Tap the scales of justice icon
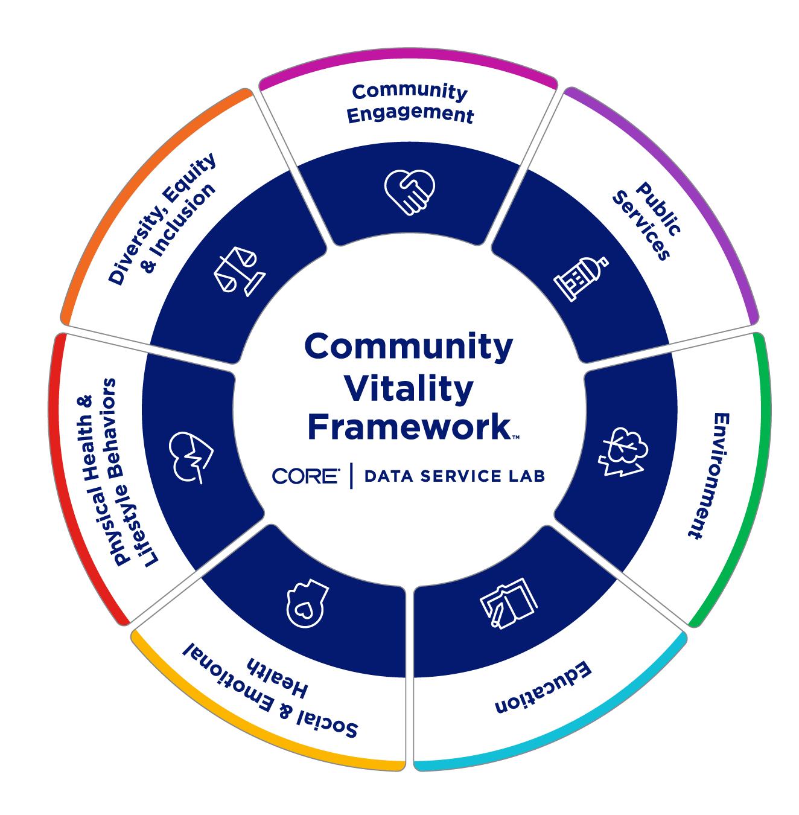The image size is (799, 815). [238, 270]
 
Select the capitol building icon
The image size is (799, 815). [581, 277]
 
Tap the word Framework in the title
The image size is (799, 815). [408, 427]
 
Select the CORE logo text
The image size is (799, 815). [306, 476]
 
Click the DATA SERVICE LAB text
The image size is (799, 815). [454, 476]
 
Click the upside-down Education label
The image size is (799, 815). [544, 688]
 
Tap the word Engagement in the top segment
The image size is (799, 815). [411, 114]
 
